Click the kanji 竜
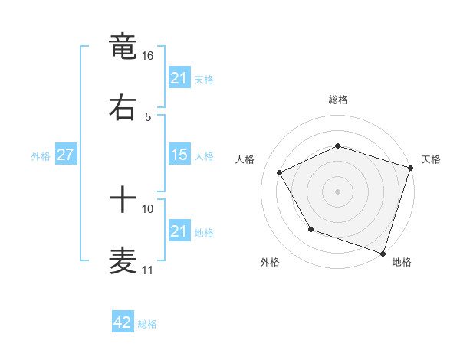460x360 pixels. click(x=123, y=46)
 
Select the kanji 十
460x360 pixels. click(x=123, y=200)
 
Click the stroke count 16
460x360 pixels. click(x=148, y=56)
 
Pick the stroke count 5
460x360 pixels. click(x=148, y=116)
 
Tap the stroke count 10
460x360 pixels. click(x=148, y=208)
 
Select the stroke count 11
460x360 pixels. click(x=147, y=270)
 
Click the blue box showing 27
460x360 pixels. click(x=65, y=155)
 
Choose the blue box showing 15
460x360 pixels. click(x=179, y=155)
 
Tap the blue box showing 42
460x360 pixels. click(x=123, y=322)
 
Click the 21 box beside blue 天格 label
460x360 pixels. click(x=179, y=77)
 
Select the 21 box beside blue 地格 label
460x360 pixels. click(x=179, y=231)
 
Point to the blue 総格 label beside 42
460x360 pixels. click(x=147, y=324)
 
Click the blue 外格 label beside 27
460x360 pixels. click(x=41, y=155)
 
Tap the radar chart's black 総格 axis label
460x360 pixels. click(x=337, y=100)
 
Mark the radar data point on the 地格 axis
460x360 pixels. click(x=383, y=253)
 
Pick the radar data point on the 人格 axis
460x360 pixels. click(x=280, y=172)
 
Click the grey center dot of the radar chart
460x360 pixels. click(x=337, y=191)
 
